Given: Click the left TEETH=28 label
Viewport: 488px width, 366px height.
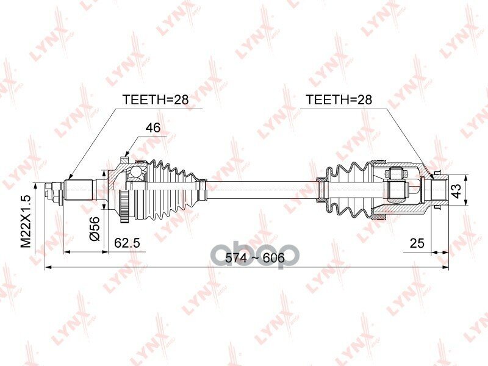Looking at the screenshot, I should (x=156, y=100).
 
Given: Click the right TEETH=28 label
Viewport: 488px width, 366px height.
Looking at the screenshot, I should (x=339, y=100).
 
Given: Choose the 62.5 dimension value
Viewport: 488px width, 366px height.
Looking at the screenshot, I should (x=127, y=243).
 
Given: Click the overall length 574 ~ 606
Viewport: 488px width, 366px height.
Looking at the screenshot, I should (x=255, y=258).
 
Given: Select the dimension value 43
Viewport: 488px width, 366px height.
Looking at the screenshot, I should (x=472, y=192).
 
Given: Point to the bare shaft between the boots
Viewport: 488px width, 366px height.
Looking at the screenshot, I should (x=262, y=187).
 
